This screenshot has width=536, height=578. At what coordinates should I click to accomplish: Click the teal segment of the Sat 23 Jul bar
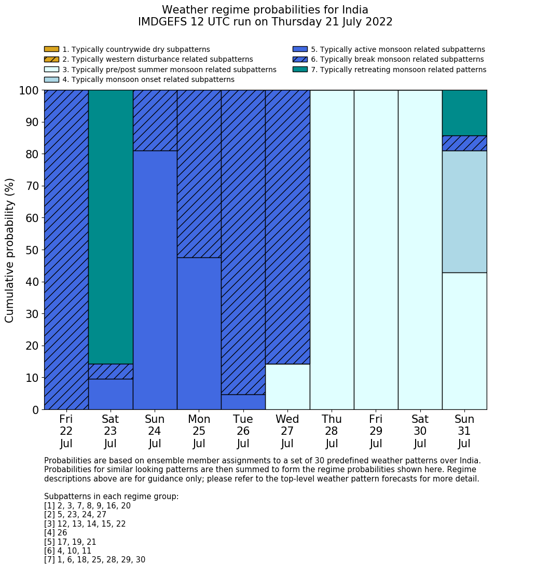pos(111,227)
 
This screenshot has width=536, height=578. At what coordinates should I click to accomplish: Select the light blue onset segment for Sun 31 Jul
pos(464,212)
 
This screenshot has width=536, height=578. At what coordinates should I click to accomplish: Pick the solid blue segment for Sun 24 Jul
pos(155,280)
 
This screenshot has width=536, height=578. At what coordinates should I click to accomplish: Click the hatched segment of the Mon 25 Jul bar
pos(199,174)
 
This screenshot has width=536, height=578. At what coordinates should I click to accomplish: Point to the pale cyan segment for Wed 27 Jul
pos(287,387)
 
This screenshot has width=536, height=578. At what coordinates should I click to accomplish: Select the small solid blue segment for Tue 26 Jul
pos(243,402)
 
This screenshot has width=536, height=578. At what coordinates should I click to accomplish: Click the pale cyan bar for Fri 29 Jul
pos(376,250)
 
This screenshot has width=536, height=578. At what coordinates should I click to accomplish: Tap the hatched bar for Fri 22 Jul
pos(66,250)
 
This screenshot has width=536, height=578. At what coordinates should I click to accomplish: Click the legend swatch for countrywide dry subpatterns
pos(51,49)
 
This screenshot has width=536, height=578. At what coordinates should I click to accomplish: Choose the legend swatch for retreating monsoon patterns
pos(300,70)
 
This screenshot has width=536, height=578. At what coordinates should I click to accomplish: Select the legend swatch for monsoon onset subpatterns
pos(51,79)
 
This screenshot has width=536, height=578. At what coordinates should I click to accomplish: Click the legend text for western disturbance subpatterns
pos(158,60)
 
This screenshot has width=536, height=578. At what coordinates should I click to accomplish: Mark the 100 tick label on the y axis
pos(29,91)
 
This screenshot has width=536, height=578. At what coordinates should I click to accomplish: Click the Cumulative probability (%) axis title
pos(10,250)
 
